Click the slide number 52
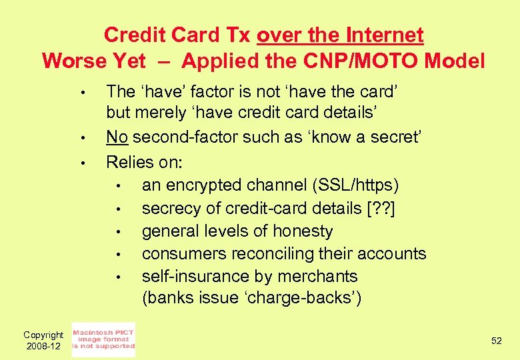[x=496, y=341]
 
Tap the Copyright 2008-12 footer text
[x=43, y=340]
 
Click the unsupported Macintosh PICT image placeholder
[x=103, y=339]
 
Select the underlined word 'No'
[x=117, y=137]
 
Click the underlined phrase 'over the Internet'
[x=340, y=35]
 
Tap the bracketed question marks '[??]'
[x=383, y=208]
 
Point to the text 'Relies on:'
[x=145, y=161]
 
